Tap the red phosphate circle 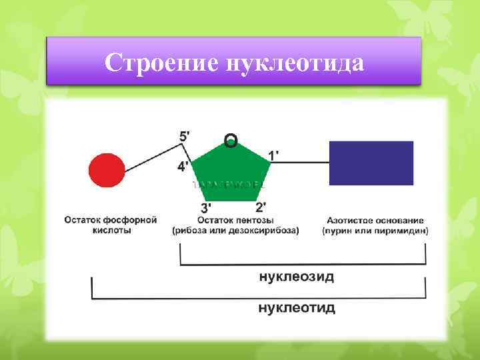pos(107,171)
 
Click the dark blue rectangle pos(371,163)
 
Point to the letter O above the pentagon pos(231,140)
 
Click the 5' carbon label pos(184,135)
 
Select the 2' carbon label pos(262,207)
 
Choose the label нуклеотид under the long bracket pos(297,308)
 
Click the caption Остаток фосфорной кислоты pos(111,225)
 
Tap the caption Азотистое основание pos(375,220)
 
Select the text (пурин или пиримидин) pos(375,231)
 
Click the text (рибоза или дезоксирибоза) pos(235,231)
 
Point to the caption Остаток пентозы pos(235,220)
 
